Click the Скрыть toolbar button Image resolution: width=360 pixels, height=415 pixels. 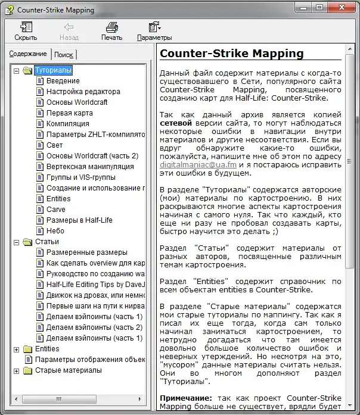pyautogui.click(x=26, y=31)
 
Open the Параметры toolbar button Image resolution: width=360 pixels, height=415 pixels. pyautogui.click(x=154, y=31)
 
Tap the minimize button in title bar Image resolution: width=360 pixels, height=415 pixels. pyautogui.click(x=303, y=8)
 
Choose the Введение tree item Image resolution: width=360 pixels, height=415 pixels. pyautogui.click(x=63, y=81)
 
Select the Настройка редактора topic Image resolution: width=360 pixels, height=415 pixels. pyautogui.click(x=83, y=92)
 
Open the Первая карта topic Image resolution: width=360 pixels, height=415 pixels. pyautogui.click(x=69, y=113)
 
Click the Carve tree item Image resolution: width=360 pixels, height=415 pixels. pyautogui.click(x=56, y=210)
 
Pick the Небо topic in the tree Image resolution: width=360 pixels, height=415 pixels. pyautogui.click(x=55, y=231)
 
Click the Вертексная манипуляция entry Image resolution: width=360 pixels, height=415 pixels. pyautogui.click(x=89, y=167)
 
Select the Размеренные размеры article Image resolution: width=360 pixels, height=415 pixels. pyautogui.click(x=86, y=252)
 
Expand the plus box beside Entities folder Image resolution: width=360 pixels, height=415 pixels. pyautogui.click(x=17, y=349)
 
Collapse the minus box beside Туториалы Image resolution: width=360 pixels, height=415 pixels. pyautogui.click(x=17, y=71)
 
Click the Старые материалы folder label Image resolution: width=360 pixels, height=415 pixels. pyautogui.click(x=68, y=370)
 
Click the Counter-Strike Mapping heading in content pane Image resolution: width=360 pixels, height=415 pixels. pyautogui.click(x=232, y=54)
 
